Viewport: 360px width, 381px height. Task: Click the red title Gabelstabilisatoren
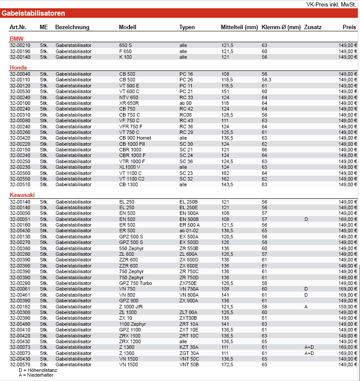[33, 13]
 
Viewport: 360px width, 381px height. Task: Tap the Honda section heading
[18, 68]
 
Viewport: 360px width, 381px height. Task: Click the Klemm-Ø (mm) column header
[281, 27]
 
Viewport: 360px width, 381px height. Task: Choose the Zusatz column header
[313, 27]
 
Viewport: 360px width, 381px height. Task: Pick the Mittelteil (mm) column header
[239, 27]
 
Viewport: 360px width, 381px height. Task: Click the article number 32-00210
[20, 45]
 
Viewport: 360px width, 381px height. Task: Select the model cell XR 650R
[129, 103]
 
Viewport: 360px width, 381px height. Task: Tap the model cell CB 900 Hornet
[135, 138]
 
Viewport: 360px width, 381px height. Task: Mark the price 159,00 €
[348, 307]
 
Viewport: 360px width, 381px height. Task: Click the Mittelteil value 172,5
[227, 364]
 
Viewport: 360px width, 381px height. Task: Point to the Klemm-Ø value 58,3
[267, 80]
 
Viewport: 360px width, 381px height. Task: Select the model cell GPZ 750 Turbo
[136, 283]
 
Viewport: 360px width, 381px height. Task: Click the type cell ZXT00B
[188, 318]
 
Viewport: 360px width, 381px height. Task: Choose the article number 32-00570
[20, 364]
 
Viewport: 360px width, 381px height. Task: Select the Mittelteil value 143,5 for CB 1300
[227, 184]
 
